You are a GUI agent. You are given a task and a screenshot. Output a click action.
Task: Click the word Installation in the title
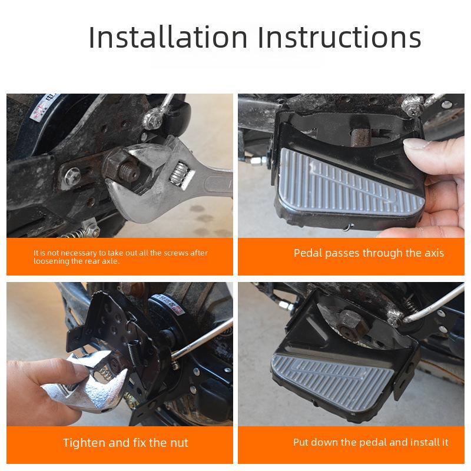[x=168, y=37]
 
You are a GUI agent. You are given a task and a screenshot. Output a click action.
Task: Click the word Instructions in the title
[x=340, y=37]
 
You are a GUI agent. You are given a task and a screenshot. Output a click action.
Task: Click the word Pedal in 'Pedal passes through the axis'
[x=308, y=253]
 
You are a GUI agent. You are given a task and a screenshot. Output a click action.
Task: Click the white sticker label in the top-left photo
[x=41, y=110]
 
